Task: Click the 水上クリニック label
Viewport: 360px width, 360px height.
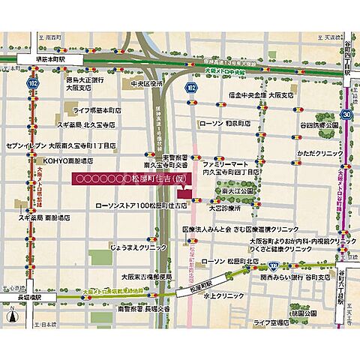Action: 220,295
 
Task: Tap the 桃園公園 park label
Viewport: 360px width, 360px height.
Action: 310,312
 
